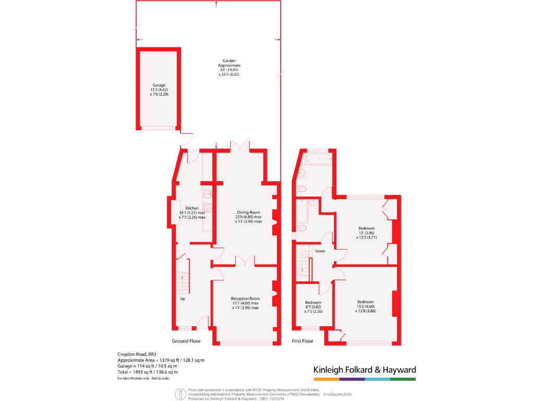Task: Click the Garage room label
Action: (x=159, y=85)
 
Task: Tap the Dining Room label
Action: (x=248, y=213)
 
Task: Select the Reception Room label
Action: (x=245, y=299)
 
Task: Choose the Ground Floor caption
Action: (x=186, y=341)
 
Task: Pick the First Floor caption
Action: (x=302, y=341)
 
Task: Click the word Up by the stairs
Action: (x=183, y=299)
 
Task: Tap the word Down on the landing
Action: (x=320, y=251)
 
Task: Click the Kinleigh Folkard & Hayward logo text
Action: (x=364, y=370)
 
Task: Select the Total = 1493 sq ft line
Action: (x=148, y=372)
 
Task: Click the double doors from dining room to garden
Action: (x=240, y=146)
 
